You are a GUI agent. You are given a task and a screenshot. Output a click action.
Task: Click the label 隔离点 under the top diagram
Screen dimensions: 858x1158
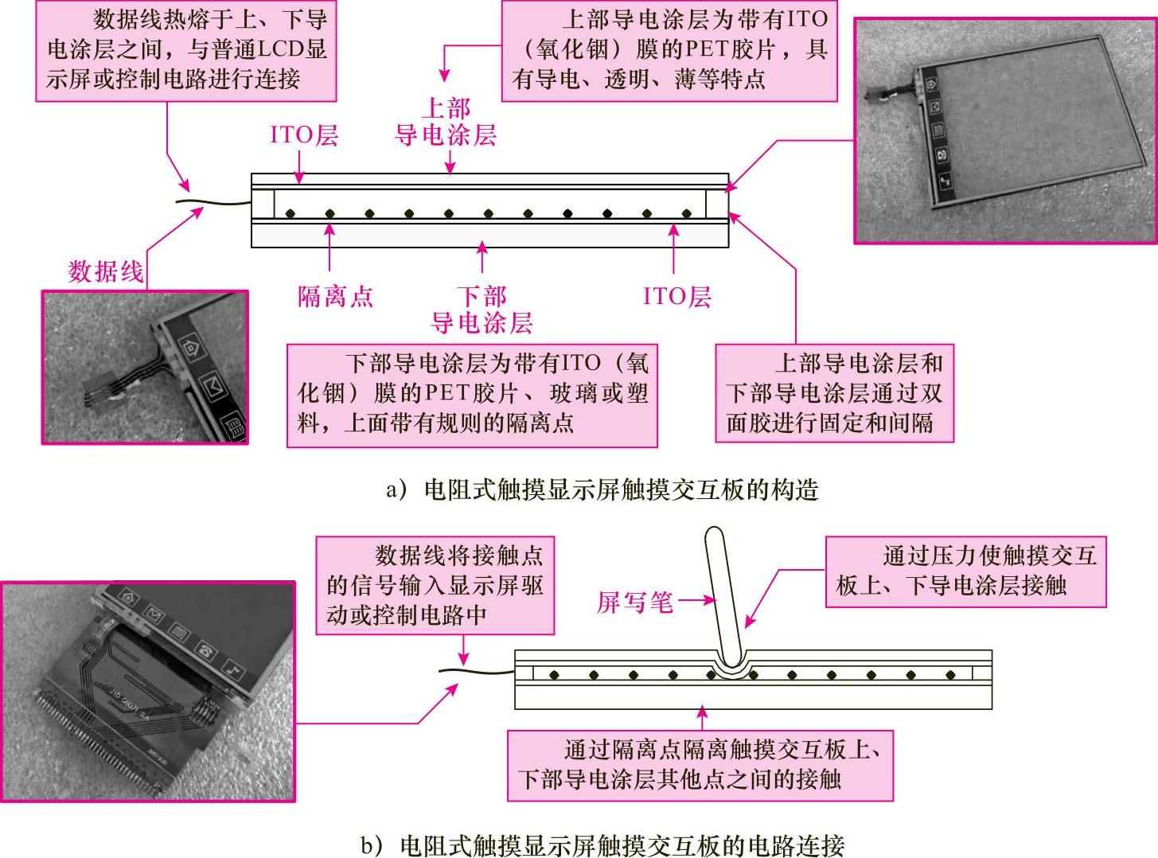click(335, 297)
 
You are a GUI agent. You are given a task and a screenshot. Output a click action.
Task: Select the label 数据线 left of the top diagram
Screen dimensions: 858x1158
click(106, 272)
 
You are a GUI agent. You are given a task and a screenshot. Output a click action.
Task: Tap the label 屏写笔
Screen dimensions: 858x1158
click(634, 603)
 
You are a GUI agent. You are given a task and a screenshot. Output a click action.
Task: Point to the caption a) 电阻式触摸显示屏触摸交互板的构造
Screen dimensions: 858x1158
click(602, 489)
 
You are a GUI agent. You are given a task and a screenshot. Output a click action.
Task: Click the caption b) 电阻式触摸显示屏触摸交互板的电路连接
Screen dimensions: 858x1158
click(602, 844)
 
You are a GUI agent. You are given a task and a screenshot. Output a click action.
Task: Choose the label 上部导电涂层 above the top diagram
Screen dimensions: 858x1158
click(446, 122)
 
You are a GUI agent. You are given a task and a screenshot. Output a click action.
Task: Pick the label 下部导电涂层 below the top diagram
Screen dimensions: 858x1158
click(482, 310)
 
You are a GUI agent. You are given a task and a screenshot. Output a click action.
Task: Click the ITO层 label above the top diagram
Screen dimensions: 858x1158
click(304, 135)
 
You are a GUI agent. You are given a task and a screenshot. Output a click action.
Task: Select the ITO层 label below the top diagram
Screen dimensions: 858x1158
click(676, 297)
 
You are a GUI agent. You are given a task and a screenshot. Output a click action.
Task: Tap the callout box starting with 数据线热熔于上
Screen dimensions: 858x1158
click(186, 50)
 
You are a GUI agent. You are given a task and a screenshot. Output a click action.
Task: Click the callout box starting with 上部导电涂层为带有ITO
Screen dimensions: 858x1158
click(669, 50)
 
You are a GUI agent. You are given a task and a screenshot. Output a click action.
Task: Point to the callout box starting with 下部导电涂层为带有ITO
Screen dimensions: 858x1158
click(472, 394)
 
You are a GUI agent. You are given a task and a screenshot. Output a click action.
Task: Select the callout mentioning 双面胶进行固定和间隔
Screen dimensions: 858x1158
click(834, 393)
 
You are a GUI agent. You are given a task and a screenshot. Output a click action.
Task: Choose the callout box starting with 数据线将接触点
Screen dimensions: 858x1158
click(435, 585)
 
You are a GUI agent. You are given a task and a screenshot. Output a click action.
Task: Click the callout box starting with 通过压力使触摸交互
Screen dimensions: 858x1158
click(965, 571)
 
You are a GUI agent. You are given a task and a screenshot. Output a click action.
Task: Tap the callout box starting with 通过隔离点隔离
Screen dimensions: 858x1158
click(700, 765)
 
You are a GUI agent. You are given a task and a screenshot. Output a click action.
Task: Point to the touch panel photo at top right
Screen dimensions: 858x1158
click(1005, 131)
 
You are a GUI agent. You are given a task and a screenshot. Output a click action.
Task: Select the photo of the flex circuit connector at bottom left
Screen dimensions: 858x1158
click(148, 691)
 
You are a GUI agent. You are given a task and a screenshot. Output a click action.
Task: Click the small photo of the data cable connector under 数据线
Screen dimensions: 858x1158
click(145, 366)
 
